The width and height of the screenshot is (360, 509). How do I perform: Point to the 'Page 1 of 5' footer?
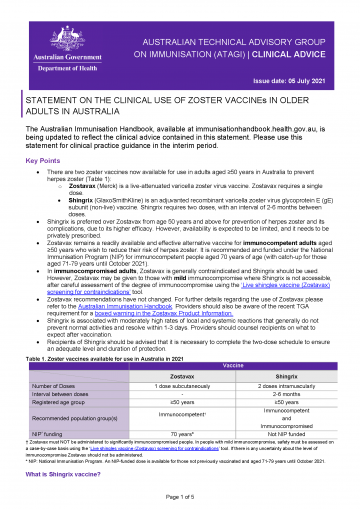pos(180,496)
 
